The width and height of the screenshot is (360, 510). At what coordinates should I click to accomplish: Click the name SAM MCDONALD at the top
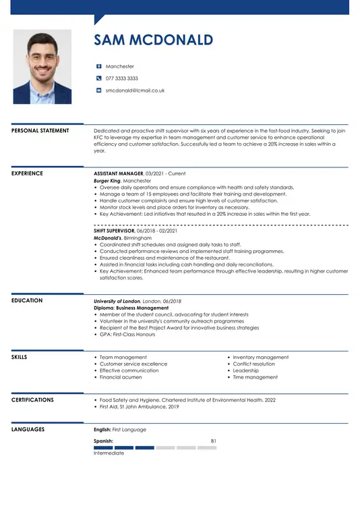click(x=153, y=40)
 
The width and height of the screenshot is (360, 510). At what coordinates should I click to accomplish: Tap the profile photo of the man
click(x=42, y=66)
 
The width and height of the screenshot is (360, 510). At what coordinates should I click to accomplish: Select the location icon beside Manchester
click(x=98, y=67)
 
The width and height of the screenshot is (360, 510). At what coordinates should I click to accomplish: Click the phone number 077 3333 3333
click(x=121, y=78)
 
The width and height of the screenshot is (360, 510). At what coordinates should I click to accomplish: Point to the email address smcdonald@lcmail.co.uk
click(x=135, y=90)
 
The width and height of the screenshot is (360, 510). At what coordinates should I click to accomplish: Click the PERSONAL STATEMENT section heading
click(x=40, y=131)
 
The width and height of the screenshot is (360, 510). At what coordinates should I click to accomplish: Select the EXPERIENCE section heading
click(x=27, y=173)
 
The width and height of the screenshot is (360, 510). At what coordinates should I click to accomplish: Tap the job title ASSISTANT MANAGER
click(x=119, y=173)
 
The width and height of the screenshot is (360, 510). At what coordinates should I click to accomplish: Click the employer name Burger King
click(x=107, y=181)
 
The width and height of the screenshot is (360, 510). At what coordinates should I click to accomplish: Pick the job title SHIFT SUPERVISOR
click(x=114, y=231)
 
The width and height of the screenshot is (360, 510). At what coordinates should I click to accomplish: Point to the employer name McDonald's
click(x=107, y=237)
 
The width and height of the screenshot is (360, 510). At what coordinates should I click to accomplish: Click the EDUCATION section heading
click(x=27, y=301)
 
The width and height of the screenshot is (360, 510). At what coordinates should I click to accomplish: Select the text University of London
click(x=117, y=301)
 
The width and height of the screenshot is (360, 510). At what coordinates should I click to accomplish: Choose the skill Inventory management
click(x=260, y=358)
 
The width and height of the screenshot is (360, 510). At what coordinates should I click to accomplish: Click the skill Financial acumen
click(x=121, y=378)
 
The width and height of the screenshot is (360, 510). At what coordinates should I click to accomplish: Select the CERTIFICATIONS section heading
click(x=32, y=400)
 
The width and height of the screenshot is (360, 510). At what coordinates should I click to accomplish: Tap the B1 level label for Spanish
click(x=213, y=441)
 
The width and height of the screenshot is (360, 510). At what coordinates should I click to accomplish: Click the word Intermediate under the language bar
click(x=109, y=453)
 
